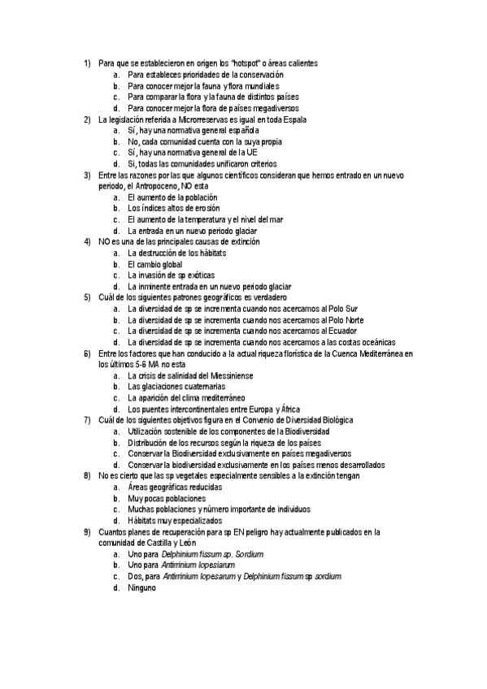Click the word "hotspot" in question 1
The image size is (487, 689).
point(245,63)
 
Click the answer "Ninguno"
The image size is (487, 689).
point(142,587)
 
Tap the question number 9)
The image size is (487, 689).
point(87,532)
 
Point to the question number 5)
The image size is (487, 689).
point(87,297)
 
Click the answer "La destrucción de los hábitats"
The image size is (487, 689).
point(177,253)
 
